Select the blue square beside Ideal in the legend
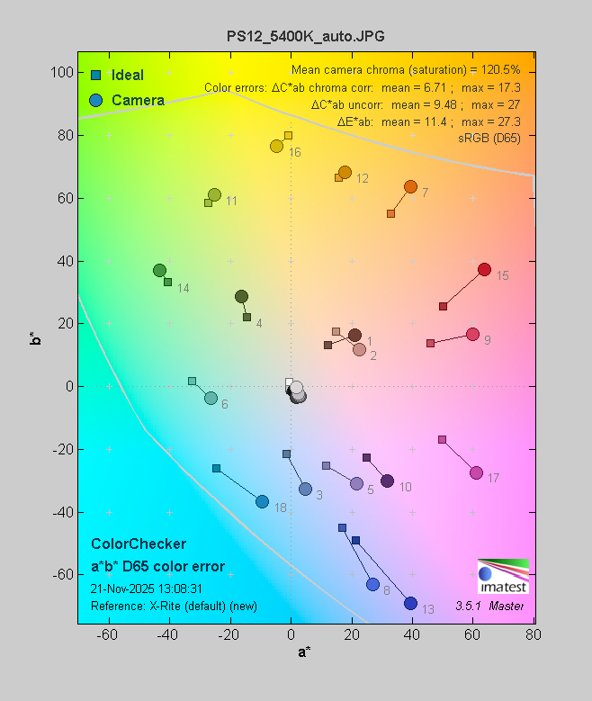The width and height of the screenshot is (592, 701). click(95, 75)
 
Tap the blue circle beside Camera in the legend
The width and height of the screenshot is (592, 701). click(95, 100)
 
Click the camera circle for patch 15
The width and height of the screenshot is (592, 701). click(484, 270)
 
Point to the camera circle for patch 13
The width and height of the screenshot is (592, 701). click(411, 603)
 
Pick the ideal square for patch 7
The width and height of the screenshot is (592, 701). click(390, 213)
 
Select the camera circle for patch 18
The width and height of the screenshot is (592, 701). click(262, 501)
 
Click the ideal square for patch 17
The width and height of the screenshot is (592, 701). click(442, 439)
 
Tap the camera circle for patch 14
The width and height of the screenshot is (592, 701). click(159, 270)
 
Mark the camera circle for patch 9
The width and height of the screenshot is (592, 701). click(472, 334)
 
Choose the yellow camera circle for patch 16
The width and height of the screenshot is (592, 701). click(276, 146)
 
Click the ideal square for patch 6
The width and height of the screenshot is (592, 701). click(192, 381)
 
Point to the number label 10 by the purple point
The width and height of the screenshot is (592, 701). click(405, 487)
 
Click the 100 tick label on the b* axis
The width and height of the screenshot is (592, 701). click(61, 73)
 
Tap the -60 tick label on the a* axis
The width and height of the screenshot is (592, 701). click(108, 636)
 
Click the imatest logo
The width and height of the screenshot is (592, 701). click(503, 577)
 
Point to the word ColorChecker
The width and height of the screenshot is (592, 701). click(139, 544)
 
